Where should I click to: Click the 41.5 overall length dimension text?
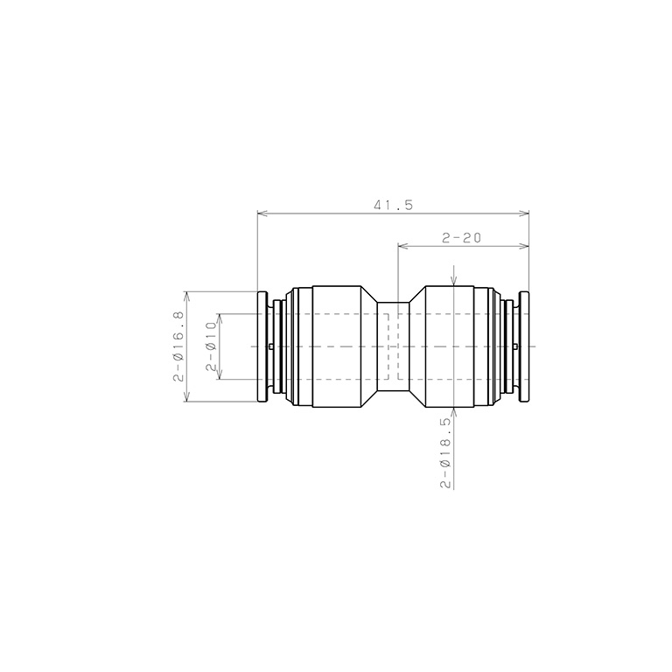coord(393,206)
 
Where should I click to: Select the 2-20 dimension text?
coord(462,238)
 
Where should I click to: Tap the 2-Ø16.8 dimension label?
coord(178,346)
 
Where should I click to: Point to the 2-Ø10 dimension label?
coord(211,346)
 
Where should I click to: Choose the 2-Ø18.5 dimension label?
coord(445,453)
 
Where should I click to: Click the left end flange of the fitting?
coord(262,346)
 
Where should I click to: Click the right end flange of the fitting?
coord(524,346)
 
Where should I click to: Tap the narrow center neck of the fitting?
coord(393,346)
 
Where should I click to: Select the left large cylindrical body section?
coord(336,346)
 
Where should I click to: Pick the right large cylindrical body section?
coord(450,346)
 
